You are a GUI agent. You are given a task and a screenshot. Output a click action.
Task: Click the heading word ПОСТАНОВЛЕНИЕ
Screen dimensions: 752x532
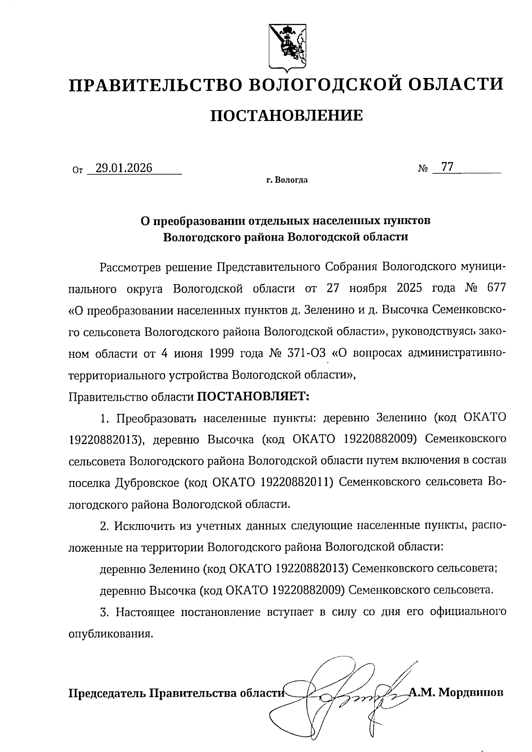coord(286,116)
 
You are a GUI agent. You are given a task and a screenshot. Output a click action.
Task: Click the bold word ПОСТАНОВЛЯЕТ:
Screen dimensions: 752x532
coord(253,396)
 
